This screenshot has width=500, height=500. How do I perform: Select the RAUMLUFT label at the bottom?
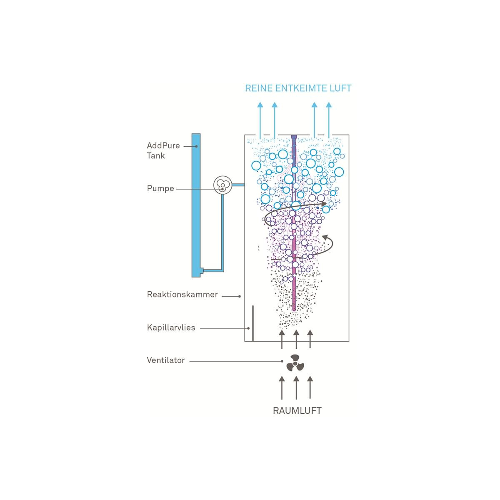coord(297,411)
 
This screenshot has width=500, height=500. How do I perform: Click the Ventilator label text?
coord(165,360)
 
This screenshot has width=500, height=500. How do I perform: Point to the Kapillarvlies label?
coord(171,327)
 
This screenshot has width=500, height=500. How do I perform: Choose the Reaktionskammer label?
coord(182,294)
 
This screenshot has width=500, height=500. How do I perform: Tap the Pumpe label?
coord(160,188)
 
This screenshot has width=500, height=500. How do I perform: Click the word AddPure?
coord(163,145)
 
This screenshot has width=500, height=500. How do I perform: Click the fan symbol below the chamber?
coord(295,363)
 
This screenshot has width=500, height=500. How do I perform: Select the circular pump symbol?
coord(222,185)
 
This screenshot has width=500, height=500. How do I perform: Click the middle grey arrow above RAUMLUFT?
coord(296,388)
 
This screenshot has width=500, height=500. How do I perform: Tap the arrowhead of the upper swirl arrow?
coord(324,204)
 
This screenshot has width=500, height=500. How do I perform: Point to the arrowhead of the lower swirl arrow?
coord(325,237)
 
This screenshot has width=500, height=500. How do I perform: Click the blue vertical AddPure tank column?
coord(196,205)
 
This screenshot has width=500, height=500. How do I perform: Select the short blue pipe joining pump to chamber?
coord(238,185)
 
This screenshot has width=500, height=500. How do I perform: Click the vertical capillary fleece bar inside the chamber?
coord(253,323)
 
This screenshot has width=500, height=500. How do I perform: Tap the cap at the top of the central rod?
coord(294,137)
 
